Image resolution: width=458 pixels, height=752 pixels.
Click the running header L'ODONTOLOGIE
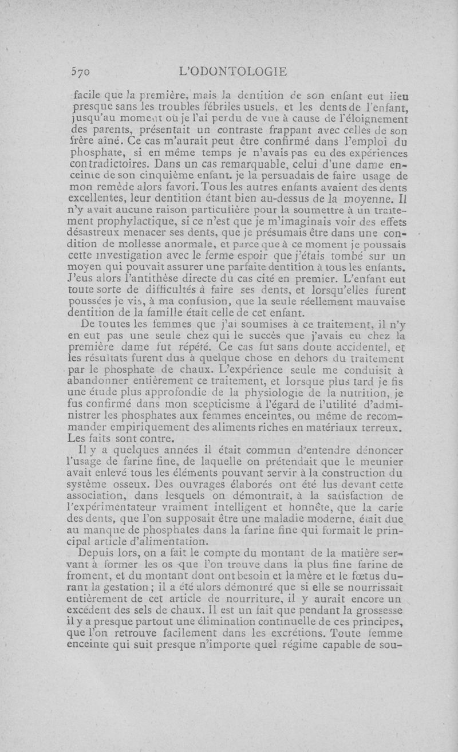click(x=232, y=72)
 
